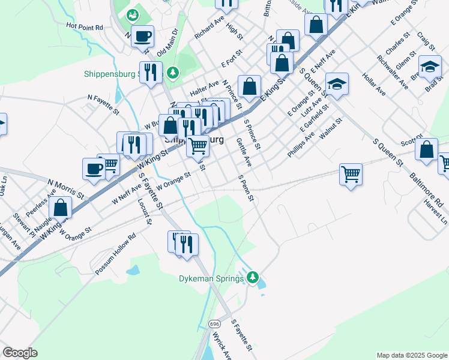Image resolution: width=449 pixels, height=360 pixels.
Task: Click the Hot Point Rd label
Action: pyautogui.click(x=85, y=26)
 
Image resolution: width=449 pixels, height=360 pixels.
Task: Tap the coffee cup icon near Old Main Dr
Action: pyautogui.click(x=142, y=37)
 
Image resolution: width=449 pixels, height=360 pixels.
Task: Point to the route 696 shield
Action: pyautogui.click(x=214, y=323)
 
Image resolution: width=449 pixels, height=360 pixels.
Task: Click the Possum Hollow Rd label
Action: pyautogui.click(x=115, y=254)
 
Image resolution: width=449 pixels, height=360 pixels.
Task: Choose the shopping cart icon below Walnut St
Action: pyautogui.click(x=351, y=175)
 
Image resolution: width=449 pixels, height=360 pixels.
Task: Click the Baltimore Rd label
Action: pyautogui.click(x=431, y=195)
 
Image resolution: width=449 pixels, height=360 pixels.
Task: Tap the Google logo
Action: pyautogui.click(x=20, y=353)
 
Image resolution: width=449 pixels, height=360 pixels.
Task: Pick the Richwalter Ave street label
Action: pyautogui.click(x=391, y=73)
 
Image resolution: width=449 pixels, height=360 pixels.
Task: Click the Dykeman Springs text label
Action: pyautogui.click(x=212, y=278)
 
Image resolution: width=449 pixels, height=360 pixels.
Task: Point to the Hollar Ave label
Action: pyautogui.click(x=374, y=84)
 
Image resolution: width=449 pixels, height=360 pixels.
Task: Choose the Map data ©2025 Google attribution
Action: pyautogui.click(x=411, y=355)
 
